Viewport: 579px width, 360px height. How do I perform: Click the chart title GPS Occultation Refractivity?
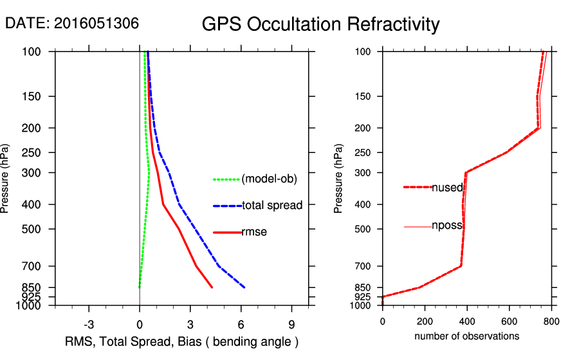[x=320, y=24]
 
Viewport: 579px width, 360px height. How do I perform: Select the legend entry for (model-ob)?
[x=270, y=179]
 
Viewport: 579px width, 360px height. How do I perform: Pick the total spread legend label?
[x=272, y=206]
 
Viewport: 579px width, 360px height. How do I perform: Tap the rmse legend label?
[x=254, y=232]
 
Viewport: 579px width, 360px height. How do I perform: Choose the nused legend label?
[x=447, y=187]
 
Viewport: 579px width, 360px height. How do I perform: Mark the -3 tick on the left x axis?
[x=89, y=324]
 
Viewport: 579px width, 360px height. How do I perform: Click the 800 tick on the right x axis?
[x=551, y=321]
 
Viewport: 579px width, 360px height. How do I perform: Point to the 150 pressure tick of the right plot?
[x=367, y=96]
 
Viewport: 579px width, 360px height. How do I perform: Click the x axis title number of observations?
[x=466, y=336]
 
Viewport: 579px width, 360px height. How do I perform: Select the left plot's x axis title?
[x=182, y=341]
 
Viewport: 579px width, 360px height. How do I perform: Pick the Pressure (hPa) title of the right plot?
[x=338, y=179]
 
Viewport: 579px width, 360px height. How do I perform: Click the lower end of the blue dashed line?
[x=244, y=287]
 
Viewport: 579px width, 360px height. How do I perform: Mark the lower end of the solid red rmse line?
[x=212, y=287]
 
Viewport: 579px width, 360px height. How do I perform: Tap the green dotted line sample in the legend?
[x=226, y=179]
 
